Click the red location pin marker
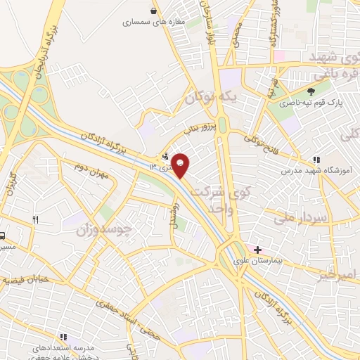(x=181, y=165)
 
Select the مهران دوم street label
(x=96, y=171)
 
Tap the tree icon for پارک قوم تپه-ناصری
(x=311, y=91)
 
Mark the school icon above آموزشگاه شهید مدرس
(x=316, y=160)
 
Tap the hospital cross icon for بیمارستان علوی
(x=258, y=250)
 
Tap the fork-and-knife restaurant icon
(x=35, y=220)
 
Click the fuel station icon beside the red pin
(x=165, y=157)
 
